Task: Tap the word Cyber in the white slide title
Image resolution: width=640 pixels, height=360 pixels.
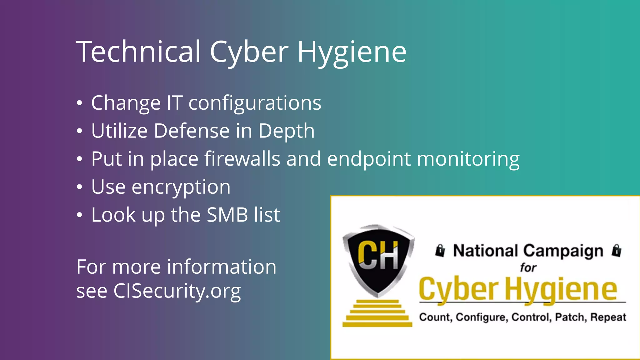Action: [249, 52]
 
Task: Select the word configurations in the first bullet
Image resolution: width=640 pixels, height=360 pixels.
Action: [255, 103]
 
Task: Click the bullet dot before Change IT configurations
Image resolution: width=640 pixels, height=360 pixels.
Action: [80, 103]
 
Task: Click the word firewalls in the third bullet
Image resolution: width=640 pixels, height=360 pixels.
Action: [242, 159]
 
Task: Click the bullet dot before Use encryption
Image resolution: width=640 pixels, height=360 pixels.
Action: [80, 187]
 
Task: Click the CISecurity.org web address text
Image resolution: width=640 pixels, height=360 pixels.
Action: [177, 291]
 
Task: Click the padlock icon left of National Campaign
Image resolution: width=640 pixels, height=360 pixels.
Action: [440, 251]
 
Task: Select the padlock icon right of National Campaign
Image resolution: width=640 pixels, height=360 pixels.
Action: [617, 251]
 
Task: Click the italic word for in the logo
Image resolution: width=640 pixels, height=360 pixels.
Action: [528, 268]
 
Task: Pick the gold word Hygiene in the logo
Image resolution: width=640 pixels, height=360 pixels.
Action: [561, 290]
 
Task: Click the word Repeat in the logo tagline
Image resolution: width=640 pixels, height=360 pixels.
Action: [608, 317]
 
